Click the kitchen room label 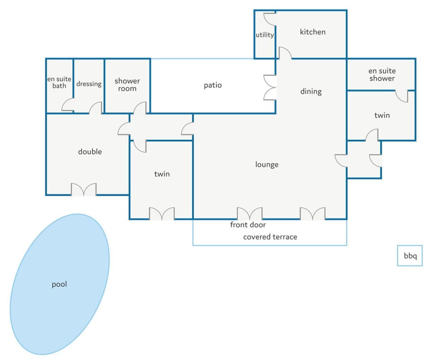313,32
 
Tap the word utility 265,35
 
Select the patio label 213,85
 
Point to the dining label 311,91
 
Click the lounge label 267,164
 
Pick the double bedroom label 90,152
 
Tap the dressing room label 89,84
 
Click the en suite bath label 59,82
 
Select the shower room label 127,85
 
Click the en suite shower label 382,75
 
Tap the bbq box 410,256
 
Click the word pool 59,284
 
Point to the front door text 248,225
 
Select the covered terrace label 270,237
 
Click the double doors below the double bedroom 84,189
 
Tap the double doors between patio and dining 270,87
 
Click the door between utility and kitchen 270,19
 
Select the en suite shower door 402,96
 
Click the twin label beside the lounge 162,174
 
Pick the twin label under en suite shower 382,115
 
